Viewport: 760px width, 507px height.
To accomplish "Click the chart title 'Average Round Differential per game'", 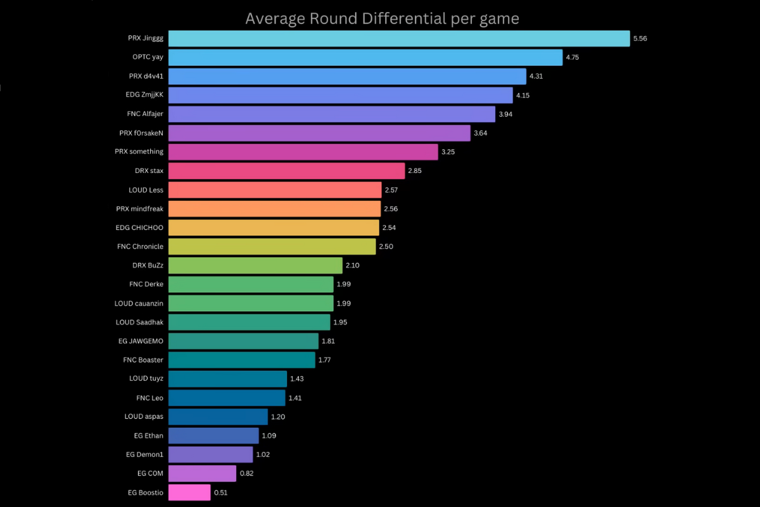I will coord(382,18).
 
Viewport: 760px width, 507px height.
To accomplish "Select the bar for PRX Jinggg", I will coord(399,39).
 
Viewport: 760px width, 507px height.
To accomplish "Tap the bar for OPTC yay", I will coord(365,58).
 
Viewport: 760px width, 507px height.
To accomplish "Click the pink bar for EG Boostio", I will coord(189,492).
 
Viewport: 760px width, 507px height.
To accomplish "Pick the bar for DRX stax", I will coord(286,171).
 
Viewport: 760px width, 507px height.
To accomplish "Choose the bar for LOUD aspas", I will coord(218,417).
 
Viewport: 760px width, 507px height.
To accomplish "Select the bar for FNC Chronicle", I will coord(272,247).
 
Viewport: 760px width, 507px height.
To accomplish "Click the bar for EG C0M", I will coord(202,473).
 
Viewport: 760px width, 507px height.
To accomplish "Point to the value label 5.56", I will coord(640,39).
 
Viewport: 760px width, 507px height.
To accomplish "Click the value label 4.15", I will coord(523,95).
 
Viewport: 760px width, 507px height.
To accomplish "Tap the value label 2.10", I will coord(353,266).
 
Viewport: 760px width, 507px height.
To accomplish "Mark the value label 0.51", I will coord(221,492).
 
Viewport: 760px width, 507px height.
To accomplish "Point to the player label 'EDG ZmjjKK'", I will coord(144,95).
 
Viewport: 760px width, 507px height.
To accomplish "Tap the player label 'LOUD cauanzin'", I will coord(139,304).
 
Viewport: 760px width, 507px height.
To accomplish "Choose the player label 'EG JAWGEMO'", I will coord(141,341).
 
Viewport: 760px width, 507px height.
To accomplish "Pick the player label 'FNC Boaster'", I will coord(143,360).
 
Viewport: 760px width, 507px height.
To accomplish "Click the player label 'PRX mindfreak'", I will coord(139,209).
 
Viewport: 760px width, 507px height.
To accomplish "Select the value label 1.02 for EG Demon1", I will coord(263,454).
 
